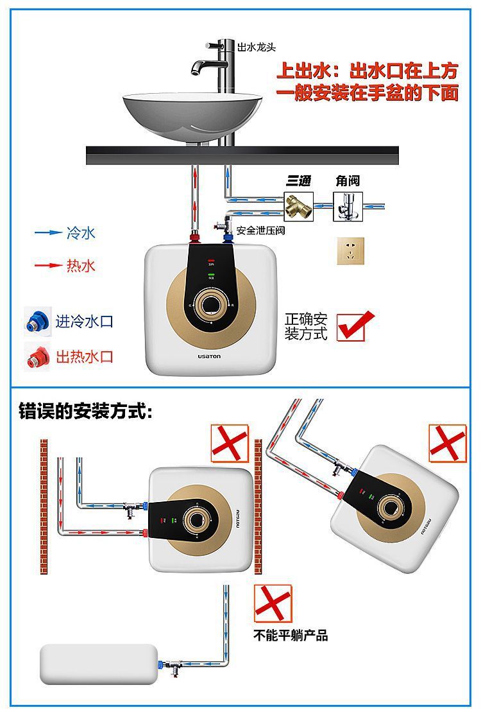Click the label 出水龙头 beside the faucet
pyautogui.click(x=257, y=48)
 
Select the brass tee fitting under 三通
pyautogui.click(x=298, y=207)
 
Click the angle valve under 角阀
pyautogui.click(x=348, y=206)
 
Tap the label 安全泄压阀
pyautogui.click(x=260, y=230)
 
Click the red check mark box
pyautogui.click(x=354, y=325)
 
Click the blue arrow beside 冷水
pyautogui.click(x=47, y=233)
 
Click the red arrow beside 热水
pyautogui.click(x=47, y=264)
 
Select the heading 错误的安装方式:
pyautogui.click(x=85, y=410)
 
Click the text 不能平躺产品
pyautogui.click(x=291, y=636)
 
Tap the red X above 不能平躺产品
pyautogui.click(x=273, y=603)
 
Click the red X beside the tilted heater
pyautogui.click(x=448, y=443)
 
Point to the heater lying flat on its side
pyautogui.click(x=99, y=664)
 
